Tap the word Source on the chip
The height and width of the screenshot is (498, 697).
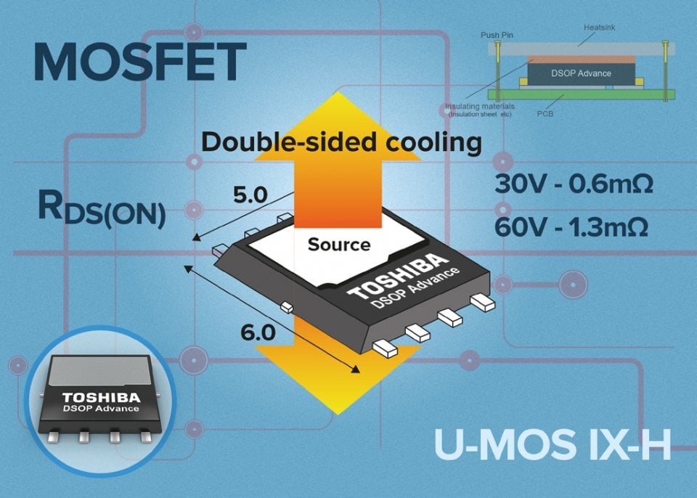(x=338, y=245)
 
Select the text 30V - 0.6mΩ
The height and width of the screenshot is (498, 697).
(x=574, y=184)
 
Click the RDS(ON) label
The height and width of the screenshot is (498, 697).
(x=101, y=208)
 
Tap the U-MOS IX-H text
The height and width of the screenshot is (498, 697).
(x=552, y=444)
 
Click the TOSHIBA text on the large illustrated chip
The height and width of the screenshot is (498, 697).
(x=396, y=276)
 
